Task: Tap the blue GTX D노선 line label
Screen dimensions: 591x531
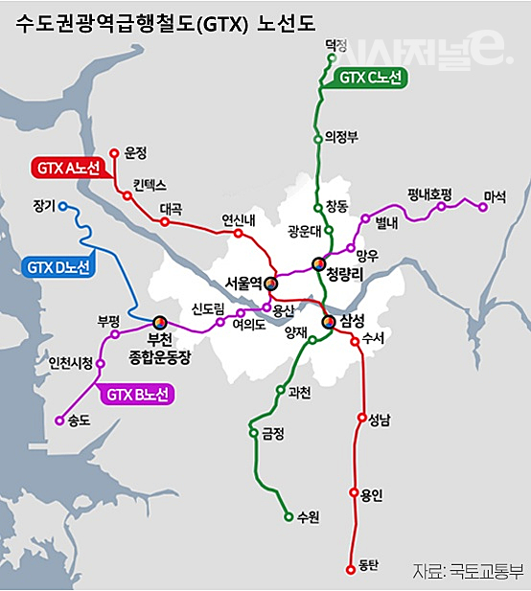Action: point(58,267)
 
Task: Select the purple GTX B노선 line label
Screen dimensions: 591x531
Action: point(136,394)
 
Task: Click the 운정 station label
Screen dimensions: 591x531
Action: point(136,152)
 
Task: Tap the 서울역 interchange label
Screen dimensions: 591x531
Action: point(243,284)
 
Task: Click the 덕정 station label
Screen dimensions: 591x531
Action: point(335,44)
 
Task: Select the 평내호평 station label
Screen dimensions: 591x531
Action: point(428,193)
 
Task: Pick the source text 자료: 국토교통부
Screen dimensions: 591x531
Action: point(469,572)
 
